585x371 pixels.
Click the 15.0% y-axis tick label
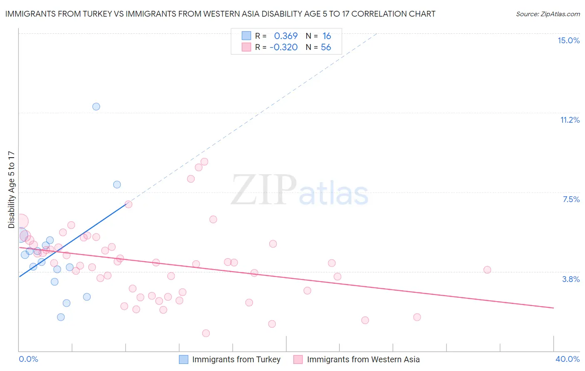(x=568, y=40)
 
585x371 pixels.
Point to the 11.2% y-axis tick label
(x=570, y=120)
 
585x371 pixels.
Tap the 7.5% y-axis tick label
(x=571, y=199)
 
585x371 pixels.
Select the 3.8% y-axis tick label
(x=571, y=279)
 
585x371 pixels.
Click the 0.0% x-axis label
(x=28, y=359)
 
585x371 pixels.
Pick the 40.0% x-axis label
(x=567, y=359)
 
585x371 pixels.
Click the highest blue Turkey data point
(x=96, y=106)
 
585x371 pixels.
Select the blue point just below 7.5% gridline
(x=117, y=185)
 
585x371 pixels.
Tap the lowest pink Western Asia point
(x=206, y=333)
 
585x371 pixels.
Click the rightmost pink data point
(x=487, y=270)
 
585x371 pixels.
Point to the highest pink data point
(x=204, y=162)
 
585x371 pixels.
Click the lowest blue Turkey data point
(x=61, y=317)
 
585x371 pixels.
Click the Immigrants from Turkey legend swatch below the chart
(x=183, y=359)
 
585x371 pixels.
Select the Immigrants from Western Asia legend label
(x=363, y=359)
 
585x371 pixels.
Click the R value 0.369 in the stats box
(x=285, y=36)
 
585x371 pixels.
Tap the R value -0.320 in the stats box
(x=283, y=47)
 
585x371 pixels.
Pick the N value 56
(x=326, y=47)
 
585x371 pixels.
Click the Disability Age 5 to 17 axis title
(x=11, y=189)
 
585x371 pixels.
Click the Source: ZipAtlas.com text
(x=548, y=14)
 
